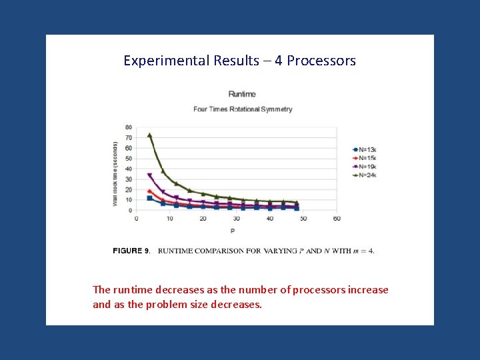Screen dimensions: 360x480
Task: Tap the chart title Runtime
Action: (x=242, y=94)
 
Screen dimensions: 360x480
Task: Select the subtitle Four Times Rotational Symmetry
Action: (x=243, y=109)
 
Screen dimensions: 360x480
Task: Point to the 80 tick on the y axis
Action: (x=128, y=127)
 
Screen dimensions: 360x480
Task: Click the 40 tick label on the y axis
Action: (x=128, y=169)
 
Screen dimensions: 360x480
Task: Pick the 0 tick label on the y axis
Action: (x=129, y=210)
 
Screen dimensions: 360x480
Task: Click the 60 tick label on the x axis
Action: (x=336, y=219)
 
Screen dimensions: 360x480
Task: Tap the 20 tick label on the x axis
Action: (x=203, y=219)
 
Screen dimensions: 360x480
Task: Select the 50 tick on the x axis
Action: (x=303, y=219)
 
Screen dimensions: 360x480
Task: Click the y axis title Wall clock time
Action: (x=115, y=173)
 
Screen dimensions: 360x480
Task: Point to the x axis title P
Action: (x=233, y=231)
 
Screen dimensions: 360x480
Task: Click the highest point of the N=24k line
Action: (x=149, y=135)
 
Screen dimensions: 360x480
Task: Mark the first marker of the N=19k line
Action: (x=149, y=176)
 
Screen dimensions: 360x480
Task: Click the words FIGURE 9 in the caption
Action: (x=131, y=251)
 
